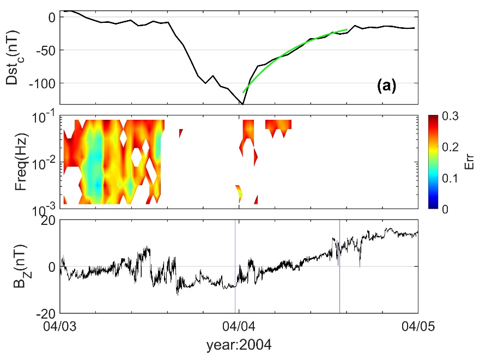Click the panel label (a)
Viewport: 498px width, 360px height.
pyautogui.click(x=386, y=85)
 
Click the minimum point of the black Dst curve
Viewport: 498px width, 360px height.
pyautogui.click(x=242, y=103)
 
